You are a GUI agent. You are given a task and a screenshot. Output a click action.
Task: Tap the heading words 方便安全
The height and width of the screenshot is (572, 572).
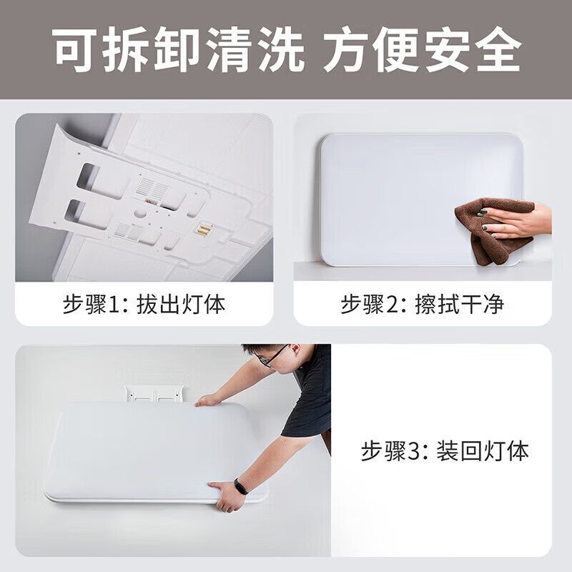coord(422,50)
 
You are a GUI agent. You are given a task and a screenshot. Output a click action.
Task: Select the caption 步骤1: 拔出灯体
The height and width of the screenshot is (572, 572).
coord(144,305)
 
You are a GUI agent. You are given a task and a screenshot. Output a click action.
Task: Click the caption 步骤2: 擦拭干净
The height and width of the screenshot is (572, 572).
coord(422,305)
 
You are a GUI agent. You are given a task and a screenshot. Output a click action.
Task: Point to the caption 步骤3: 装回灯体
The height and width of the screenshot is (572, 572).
coord(444,452)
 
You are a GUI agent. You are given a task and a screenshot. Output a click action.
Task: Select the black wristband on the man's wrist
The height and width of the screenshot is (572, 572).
coord(241,487)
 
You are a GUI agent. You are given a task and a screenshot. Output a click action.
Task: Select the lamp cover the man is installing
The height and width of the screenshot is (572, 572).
coord(150,450)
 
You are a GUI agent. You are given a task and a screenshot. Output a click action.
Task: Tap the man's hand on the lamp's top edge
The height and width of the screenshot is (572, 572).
coord(208,400)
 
